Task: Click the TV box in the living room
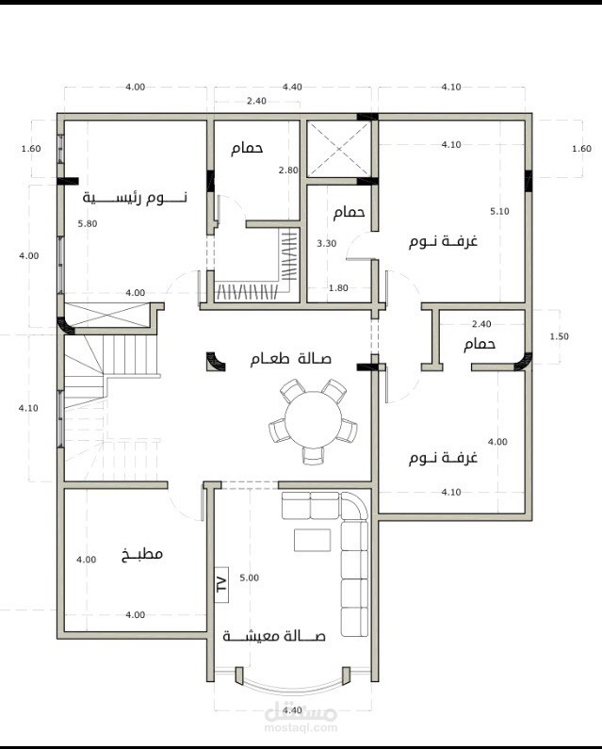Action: click(x=221, y=584)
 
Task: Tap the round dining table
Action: click(x=314, y=420)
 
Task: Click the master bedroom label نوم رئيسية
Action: click(x=135, y=197)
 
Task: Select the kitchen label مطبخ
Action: click(x=142, y=554)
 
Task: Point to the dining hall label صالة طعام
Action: click(x=290, y=358)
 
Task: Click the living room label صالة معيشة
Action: click(x=274, y=636)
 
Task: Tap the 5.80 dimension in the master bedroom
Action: click(x=88, y=223)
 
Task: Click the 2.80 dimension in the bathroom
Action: click(x=288, y=170)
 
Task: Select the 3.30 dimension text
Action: click(x=327, y=243)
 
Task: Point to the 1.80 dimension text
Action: click(x=338, y=288)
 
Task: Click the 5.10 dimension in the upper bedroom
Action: click(x=499, y=211)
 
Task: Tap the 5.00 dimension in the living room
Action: click(x=250, y=578)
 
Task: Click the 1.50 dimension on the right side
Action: click(x=559, y=336)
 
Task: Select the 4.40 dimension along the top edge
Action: click(x=292, y=87)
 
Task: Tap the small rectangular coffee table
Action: click(x=312, y=540)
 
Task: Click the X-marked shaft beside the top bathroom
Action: click(x=338, y=149)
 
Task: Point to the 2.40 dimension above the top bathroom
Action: click(x=256, y=101)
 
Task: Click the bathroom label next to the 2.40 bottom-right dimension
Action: click(x=480, y=344)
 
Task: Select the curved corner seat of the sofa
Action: click(x=354, y=506)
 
